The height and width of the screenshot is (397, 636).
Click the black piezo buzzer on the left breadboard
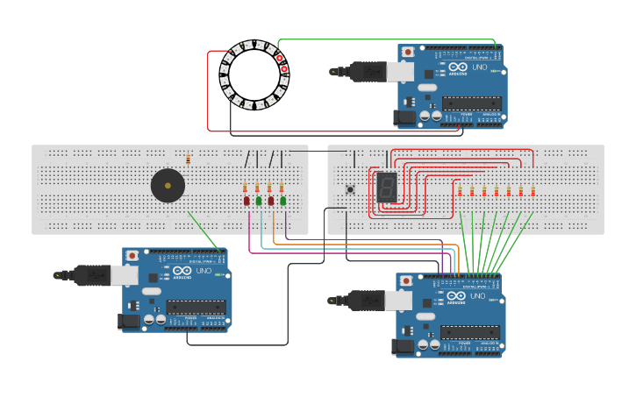(168, 185)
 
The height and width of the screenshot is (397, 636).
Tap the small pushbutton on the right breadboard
(350, 189)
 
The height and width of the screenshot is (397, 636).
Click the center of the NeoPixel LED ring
(254, 74)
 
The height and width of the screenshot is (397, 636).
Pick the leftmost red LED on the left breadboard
(247, 201)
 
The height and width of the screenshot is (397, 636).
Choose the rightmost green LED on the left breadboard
(282, 201)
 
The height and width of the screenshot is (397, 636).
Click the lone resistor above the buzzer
(189, 159)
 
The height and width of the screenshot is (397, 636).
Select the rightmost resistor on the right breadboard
(532, 191)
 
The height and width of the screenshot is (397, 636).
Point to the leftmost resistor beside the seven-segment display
(460, 191)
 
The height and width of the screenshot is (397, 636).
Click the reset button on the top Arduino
(407, 53)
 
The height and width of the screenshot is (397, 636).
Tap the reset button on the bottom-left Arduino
(132, 255)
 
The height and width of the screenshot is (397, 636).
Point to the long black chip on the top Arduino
(472, 103)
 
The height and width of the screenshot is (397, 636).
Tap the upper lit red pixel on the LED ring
(280, 58)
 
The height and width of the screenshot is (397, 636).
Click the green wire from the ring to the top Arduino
(386, 39)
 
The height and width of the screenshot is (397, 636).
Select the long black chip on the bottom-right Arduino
(470, 332)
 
